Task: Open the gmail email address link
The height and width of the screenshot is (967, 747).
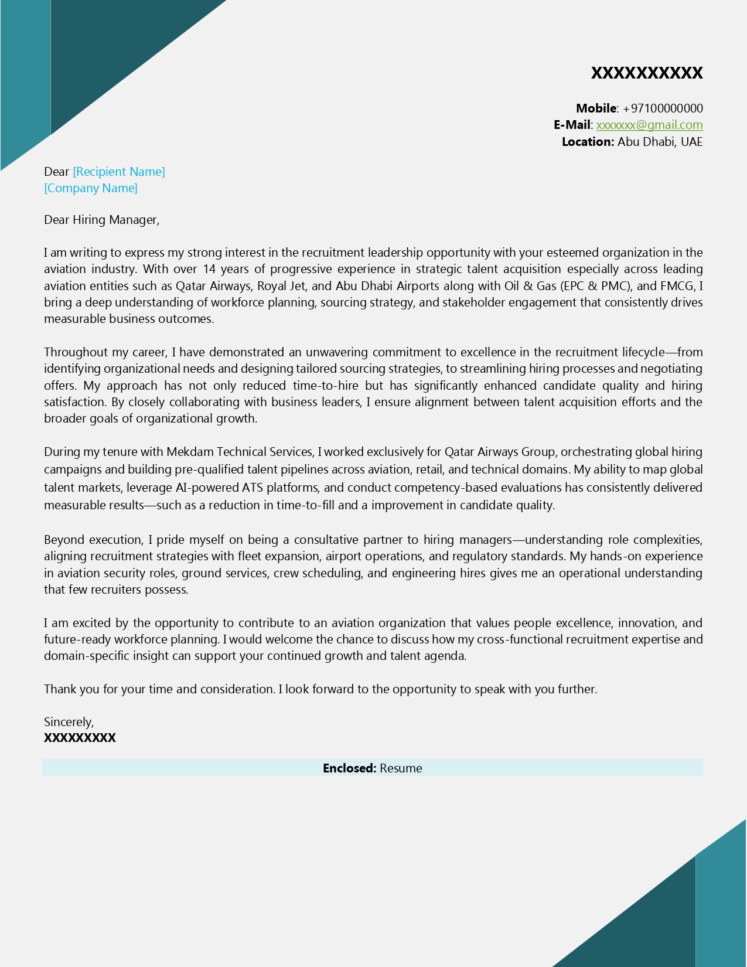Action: tap(649, 125)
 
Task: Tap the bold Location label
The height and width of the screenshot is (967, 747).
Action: tap(588, 142)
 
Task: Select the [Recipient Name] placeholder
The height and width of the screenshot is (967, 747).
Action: tap(119, 172)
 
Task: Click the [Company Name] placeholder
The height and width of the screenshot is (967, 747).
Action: tap(91, 188)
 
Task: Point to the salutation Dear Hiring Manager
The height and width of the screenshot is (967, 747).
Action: tap(101, 220)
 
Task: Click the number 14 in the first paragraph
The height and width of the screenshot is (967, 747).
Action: tap(210, 269)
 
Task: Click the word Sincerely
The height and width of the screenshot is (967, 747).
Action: tap(69, 722)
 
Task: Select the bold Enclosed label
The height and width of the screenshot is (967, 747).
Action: tap(349, 768)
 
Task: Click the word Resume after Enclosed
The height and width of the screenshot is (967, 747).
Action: tap(401, 768)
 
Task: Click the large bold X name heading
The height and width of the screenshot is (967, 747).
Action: tap(646, 73)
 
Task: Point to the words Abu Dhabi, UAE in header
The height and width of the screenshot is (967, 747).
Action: tap(660, 142)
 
